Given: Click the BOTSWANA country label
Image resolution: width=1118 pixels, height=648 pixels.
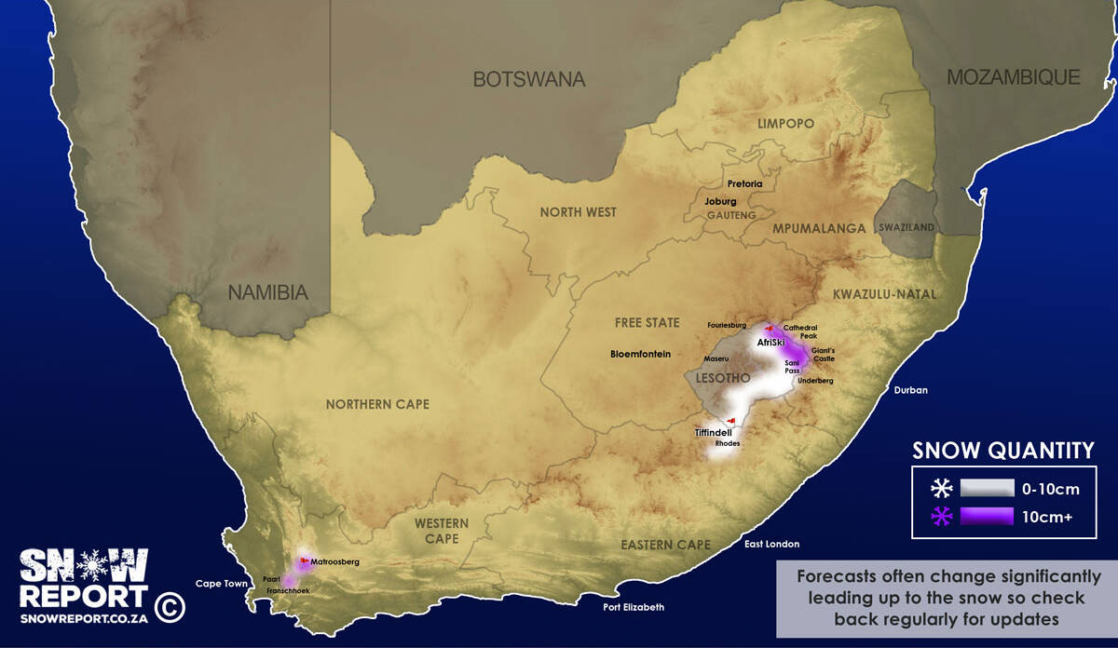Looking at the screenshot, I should (528, 79).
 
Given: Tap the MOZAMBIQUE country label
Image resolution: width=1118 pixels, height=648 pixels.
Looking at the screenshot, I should (1013, 77).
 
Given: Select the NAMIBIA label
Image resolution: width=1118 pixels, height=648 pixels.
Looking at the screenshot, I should (268, 292).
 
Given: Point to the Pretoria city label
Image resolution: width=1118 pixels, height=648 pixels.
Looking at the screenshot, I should (744, 184).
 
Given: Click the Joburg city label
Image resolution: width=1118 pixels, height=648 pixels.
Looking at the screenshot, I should (720, 201).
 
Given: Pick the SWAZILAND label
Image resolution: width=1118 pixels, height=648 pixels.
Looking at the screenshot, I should (899, 227).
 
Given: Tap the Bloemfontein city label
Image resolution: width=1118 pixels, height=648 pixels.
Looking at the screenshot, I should (640, 355).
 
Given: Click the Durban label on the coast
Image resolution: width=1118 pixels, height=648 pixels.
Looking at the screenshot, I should (910, 390).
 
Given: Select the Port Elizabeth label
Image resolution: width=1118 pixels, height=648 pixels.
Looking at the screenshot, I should (634, 607).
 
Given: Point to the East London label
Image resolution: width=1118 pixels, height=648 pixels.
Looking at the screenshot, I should (771, 544).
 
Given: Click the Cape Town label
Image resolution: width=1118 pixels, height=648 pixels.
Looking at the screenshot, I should (222, 585).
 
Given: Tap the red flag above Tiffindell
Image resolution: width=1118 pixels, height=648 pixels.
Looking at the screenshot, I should (731, 420).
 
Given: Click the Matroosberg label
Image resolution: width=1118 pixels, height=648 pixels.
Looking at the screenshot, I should (334, 562).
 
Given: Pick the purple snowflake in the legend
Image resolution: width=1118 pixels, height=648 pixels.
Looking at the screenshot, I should (942, 517).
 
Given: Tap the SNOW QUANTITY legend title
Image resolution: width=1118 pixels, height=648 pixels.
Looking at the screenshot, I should (1002, 452).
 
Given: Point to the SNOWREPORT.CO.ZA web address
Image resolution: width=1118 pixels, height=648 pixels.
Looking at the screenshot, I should (85, 616).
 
